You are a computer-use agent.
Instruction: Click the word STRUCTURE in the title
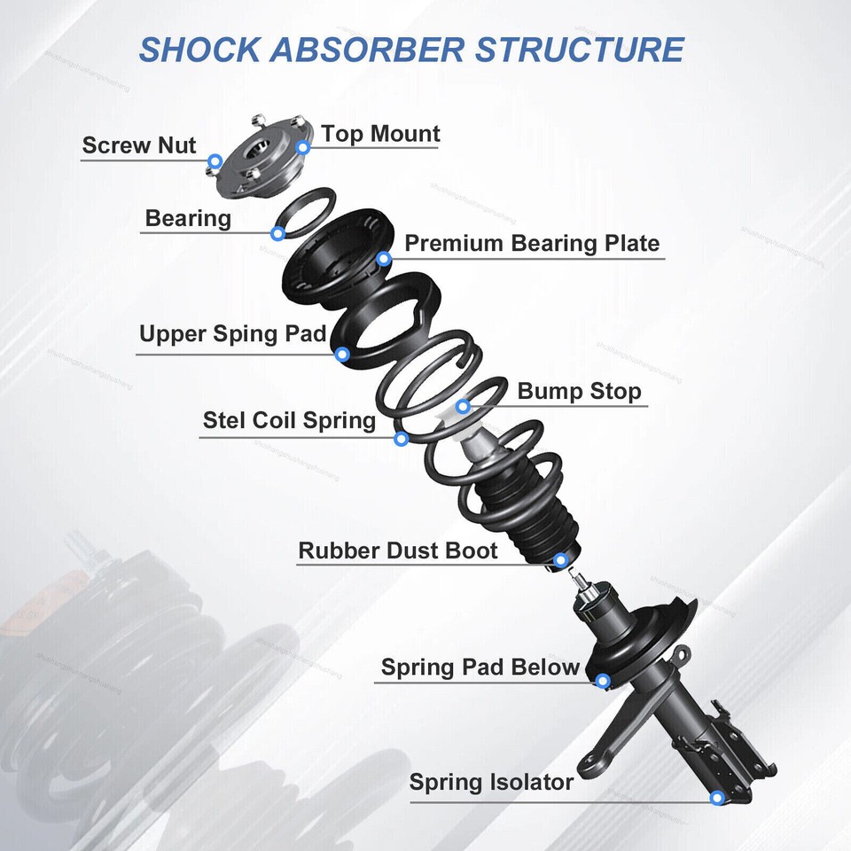tap(580, 50)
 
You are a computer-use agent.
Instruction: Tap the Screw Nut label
tap(139, 145)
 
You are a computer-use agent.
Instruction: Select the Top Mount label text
tap(380, 134)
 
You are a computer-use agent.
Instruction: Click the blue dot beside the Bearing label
tap(278, 234)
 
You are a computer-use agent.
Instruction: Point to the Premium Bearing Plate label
tap(532, 243)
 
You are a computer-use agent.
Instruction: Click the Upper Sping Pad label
tap(233, 335)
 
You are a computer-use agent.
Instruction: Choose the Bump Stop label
tap(579, 391)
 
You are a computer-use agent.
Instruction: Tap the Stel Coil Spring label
tap(289, 419)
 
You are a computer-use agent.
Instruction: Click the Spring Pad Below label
tap(480, 667)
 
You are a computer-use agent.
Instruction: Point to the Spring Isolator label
tap(491, 783)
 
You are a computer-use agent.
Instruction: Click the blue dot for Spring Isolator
tap(717, 798)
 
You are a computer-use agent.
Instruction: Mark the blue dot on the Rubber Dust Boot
tap(560, 560)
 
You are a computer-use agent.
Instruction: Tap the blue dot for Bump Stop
tap(463, 407)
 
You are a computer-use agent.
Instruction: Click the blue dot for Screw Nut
tap(215, 161)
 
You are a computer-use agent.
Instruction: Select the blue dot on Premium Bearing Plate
tap(383, 259)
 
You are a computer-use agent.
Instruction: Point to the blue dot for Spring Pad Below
tap(602, 681)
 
